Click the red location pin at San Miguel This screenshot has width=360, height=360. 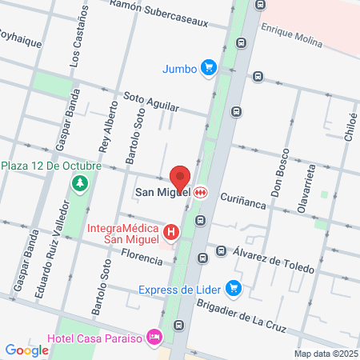(180, 178)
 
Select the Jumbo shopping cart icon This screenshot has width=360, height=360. (208, 68)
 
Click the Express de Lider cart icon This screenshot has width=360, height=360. (233, 288)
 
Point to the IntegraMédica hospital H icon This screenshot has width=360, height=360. (170, 232)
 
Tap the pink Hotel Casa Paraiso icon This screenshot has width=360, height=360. (155, 338)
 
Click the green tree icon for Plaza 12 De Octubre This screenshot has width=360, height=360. (79, 184)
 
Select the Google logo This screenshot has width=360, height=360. (26, 350)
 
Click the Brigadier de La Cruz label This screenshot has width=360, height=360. (246, 313)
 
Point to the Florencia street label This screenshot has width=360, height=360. (135, 256)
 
